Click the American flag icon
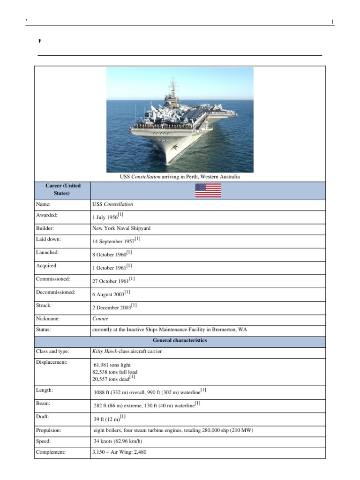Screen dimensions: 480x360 [208, 190]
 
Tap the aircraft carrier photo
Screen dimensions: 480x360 [180, 120]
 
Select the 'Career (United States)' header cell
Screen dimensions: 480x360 [63, 189]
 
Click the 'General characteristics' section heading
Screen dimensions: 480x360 [180, 341]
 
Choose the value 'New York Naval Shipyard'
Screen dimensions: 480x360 [121, 228]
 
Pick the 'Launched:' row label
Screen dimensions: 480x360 [48, 252]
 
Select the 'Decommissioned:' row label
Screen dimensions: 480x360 [55, 292]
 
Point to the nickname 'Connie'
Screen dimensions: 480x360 [100, 319]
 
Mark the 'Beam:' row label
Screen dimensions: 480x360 [44, 403]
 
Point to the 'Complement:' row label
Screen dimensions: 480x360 [51, 452]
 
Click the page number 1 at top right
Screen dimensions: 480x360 [332, 22]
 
